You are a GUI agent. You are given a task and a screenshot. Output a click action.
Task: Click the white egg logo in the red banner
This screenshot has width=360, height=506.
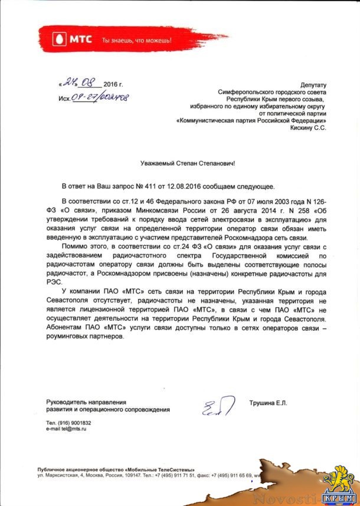point(59,41)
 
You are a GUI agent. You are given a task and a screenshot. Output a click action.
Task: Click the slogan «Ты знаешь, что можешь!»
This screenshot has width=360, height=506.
point(136,41)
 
